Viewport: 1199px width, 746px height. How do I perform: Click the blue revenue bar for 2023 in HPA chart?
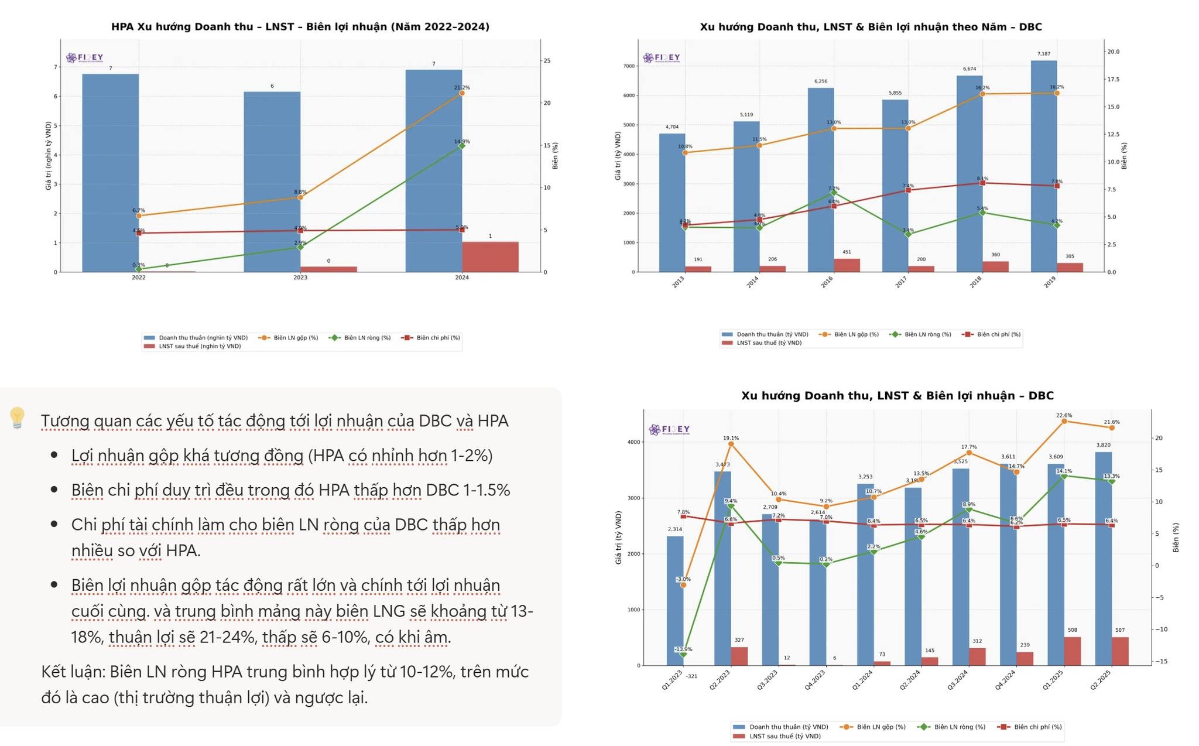pyautogui.click(x=272, y=182)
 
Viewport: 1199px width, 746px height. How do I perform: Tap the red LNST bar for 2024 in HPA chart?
pyautogui.click(x=490, y=257)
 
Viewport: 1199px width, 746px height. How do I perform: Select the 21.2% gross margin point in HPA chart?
pyautogui.click(x=462, y=93)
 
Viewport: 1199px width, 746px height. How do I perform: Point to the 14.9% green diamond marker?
pyautogui.click(x=462, y=146)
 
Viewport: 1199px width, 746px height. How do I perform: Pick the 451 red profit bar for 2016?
pyautogui.click(x=847, y=265)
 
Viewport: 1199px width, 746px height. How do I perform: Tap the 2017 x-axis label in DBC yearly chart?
pyautogui.click(x=901, y=283)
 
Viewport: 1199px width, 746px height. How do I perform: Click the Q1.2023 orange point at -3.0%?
pyautogui.click(x=683, y=585)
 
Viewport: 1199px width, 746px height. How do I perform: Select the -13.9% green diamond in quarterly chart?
pyautogui.click(x=683, y=654)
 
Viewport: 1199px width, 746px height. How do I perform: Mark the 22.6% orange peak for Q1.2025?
pyautogui.click(x=1064, y=421)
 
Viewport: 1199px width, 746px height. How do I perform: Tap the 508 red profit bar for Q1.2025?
pyautogui.click(x=1073, y=651)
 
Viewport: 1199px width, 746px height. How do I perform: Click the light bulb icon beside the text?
pyautogui.click(x=17, y=418)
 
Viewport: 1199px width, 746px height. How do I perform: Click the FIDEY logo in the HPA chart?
pyautogui.click(x=84, y=57)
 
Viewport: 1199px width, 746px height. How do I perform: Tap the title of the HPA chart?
pyautogui.click(x=300, y=26)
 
